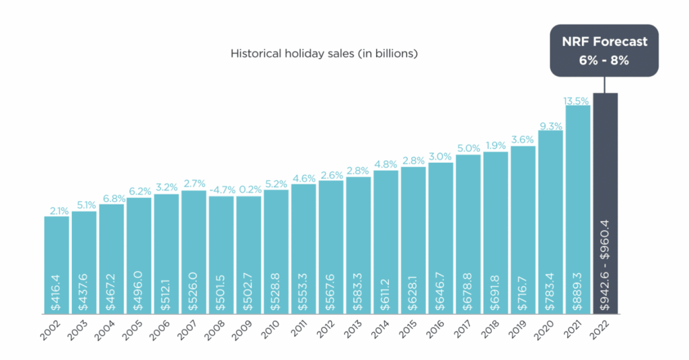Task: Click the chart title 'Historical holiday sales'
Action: (324, 53)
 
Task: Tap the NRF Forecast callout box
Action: (604, 50)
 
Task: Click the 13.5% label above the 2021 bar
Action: (577, 100)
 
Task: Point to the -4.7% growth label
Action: (221, 190)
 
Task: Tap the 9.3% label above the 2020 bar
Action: (550, 125)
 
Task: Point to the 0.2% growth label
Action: (248, 190)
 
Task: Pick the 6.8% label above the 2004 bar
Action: (111, 199)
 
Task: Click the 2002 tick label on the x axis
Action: (52, 330)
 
